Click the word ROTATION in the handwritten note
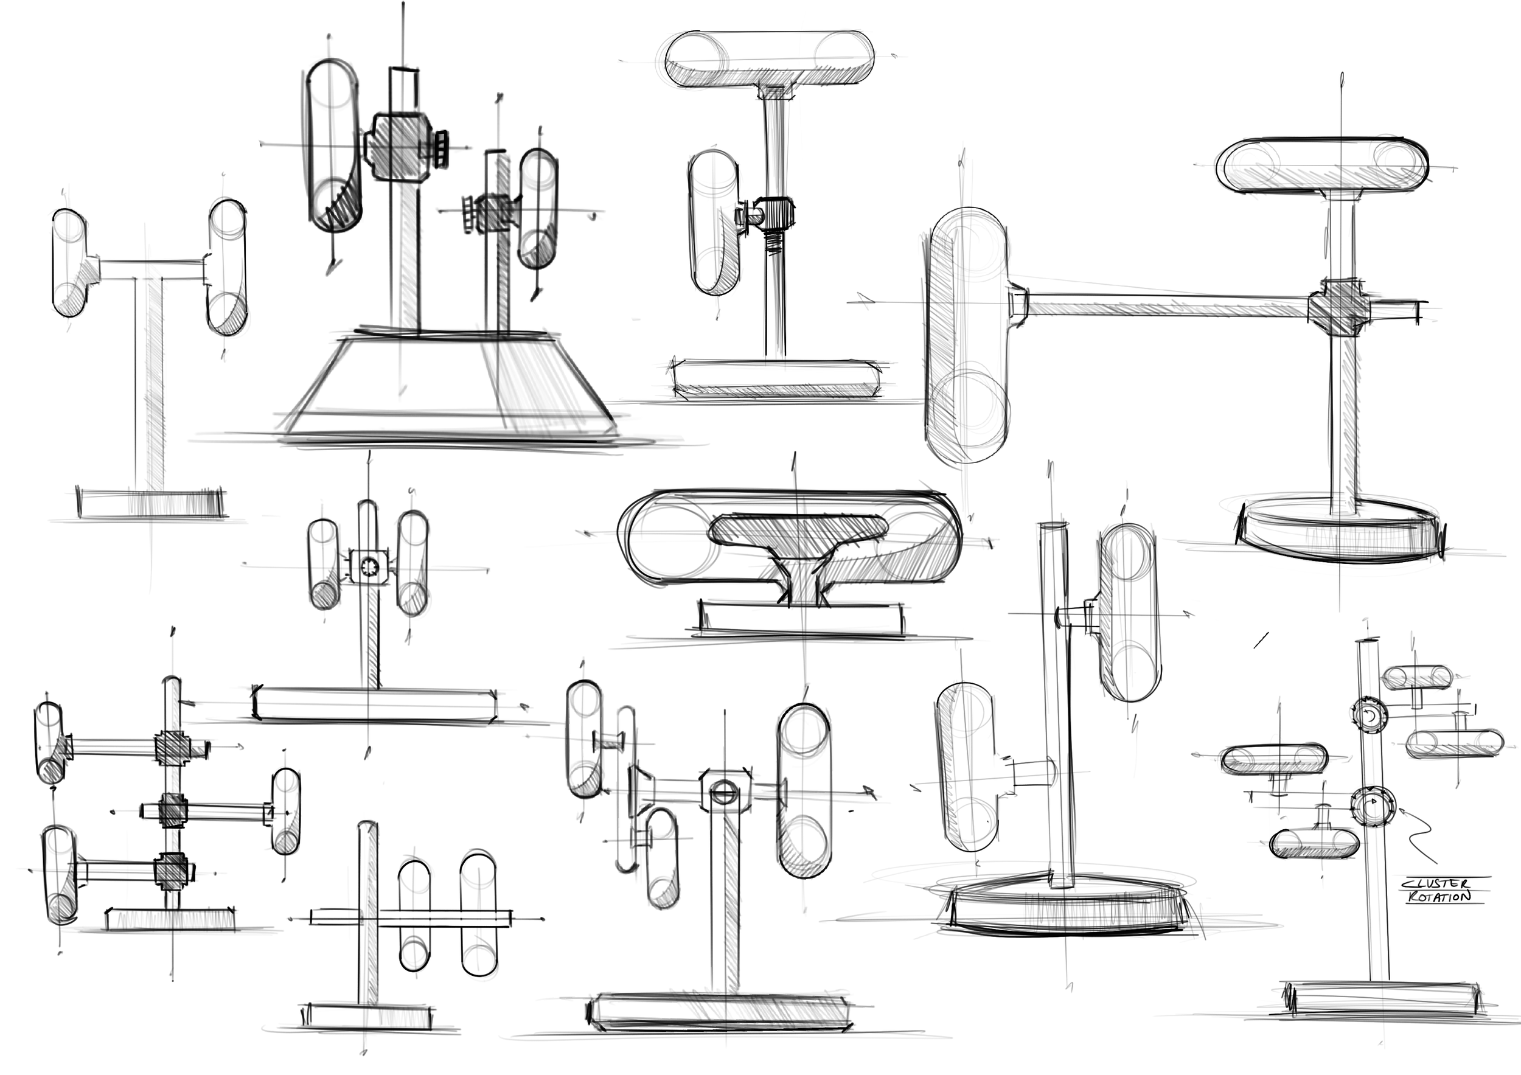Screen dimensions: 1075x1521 click(x=1438, y=897)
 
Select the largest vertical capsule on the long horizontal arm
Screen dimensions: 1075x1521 click(x=968, y=335)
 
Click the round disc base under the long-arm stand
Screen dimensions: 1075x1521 click(x=1338, y=530)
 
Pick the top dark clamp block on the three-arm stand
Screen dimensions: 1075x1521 click(x=172, y=747)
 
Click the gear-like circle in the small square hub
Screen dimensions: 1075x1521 click(x=368, y=566)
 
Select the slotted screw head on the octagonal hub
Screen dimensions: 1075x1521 click(x=722, y=790)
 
